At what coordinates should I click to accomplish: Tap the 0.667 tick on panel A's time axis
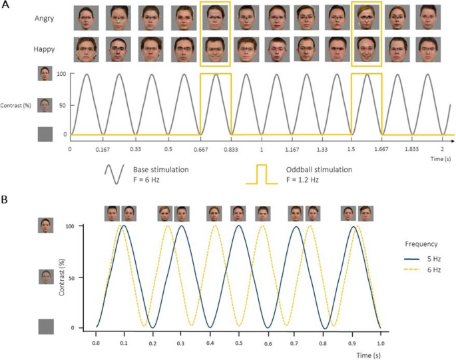tap(200, 148)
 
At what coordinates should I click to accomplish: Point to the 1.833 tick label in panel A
tap(411, 148)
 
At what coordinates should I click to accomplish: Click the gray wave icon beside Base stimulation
tap(115, 174)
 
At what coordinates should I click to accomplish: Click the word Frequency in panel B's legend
tap(423, 244)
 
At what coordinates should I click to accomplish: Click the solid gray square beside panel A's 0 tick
tap(45, 134)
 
